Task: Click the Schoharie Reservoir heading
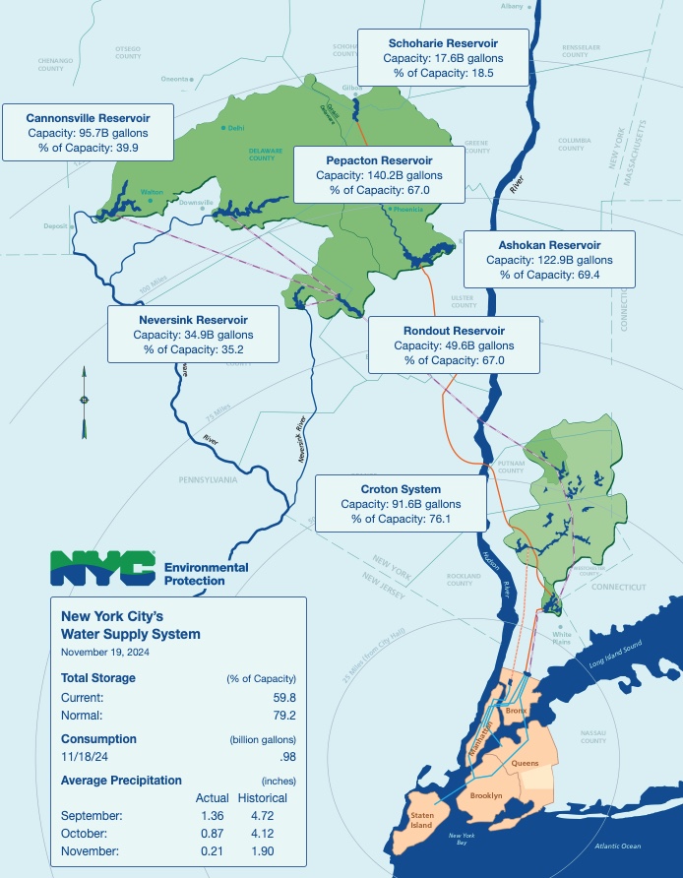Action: pyautogui.click(x=442, y=43)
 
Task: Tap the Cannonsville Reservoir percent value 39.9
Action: pyautogui.click(x=127, y=148)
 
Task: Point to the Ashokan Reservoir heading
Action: pyautogui.click(x=549, y=245)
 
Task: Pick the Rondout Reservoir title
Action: pyautogui.click(x=454, y=331)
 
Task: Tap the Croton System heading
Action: pyautogui.click(x=401, y=489)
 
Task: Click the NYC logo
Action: pyautogui.click(x=103, y=567)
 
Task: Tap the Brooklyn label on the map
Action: pyautogui.click(x=486, y=794)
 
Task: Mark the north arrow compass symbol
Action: pyautogui.click(x=84, y=400)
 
